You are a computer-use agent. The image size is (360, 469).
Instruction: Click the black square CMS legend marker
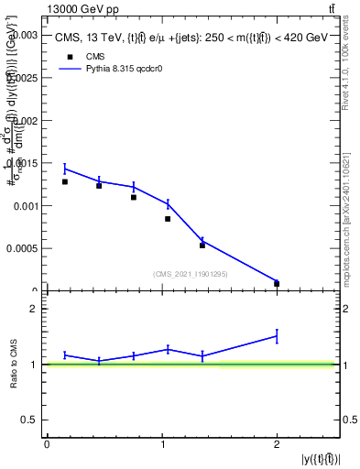[x=68, y=56]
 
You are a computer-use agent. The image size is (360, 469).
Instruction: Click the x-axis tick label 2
[x=277, y=444]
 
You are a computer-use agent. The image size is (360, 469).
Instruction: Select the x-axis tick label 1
[x=162, y=444]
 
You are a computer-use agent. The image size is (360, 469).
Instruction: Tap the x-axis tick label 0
[x=47, y=444]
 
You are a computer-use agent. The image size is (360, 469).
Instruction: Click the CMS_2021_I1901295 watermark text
[x=191, y=274]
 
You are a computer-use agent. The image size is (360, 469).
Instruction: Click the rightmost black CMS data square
[x=277, y=283]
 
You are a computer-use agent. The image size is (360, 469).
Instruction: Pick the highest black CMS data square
[x=64, y=181]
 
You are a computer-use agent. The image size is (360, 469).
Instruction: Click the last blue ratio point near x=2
[x=277, y=336]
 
